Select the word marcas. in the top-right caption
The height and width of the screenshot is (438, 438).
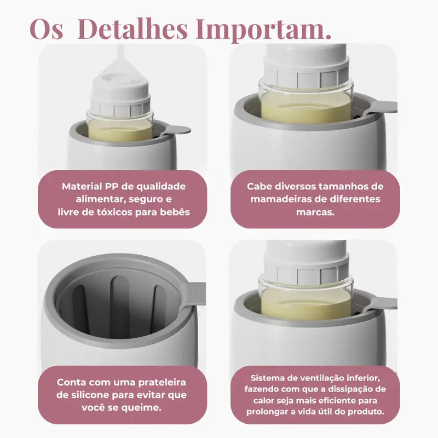315,212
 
